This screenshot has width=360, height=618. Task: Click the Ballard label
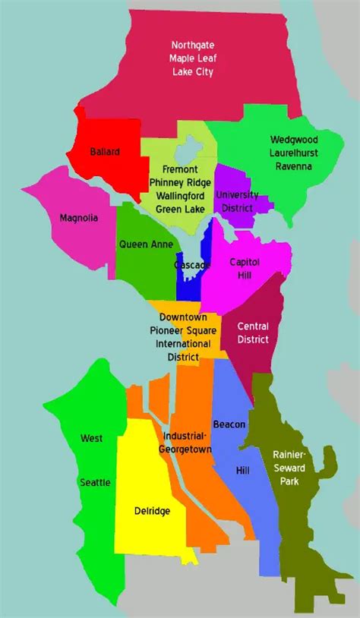click(x=104, y=152)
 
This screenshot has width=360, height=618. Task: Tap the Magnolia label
click(x=79, y=218)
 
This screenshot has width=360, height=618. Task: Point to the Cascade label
click(x=192, y=265)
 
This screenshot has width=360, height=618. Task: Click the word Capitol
click(x=245, y=261)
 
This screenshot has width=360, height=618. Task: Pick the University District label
click(x=237, y=200)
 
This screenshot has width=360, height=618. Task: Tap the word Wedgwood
click(x=294, y=140)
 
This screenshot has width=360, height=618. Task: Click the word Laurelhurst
click(x=294, y=153)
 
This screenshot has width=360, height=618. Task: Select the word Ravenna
click(x=294, y=166)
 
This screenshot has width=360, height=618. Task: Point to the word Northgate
click(x=192, y=45)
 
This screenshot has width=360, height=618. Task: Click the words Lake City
click(x=192, y=72)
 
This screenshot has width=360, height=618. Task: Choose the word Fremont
click(x=179, y=169)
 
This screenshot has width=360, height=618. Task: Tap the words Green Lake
click(x=179, y=209)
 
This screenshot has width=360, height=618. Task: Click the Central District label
click(x=253, y=333)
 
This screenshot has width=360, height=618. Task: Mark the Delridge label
click(x=152, y=511)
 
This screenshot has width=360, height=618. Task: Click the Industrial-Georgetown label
click(x=183, y=442)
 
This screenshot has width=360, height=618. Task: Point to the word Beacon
click(x=229, y=424)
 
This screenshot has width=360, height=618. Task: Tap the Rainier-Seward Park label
click(x=289, y=467)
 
